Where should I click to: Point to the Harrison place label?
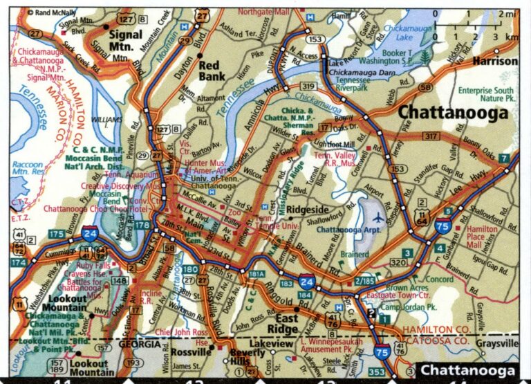(x=494, y=61)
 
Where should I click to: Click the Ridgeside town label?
(x=309, y=207)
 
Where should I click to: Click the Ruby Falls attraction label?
(x=93, y=264)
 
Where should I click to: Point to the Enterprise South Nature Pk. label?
(x=485, y=94)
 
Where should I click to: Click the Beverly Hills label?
(x=248, y=358)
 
